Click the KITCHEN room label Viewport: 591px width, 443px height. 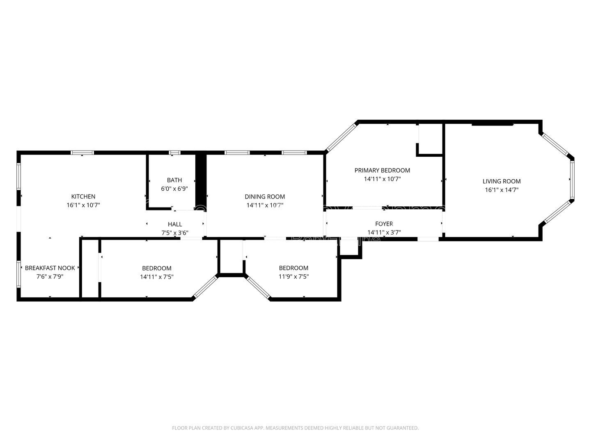pyautogui.click(x=83, y=196)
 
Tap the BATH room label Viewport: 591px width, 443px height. pyautogui.click(x=174, y=180)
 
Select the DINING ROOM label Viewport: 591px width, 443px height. pyautogui.click(x=265, y=196)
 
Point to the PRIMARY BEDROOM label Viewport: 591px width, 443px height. pyautogui.click(x=382, y=170)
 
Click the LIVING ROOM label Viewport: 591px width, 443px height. pyautogui.click(x=502, y=181)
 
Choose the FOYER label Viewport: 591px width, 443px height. pyautogui.click(x=384, y=224)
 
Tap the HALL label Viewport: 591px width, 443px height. pyautogui.click(x=175, y=224)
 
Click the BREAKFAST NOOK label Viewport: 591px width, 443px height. pyautogui.click(x=50, y=268)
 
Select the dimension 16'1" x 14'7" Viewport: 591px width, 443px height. pyautogui.click(x=502, y=190)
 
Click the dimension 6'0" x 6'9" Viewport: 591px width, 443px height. pyautogui.click(x=174, y=189)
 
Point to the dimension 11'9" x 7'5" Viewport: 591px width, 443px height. pyautogui.click(x=294, y=276)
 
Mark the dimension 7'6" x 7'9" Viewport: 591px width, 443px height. pyautogui.click(x=50, y=276)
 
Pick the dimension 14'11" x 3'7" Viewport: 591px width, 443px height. pyautogui.click(x=384, y=233)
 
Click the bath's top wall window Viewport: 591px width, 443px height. pyautogui.click(x=175, y=153)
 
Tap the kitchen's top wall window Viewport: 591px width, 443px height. pyautogui.click(x=82, y=153)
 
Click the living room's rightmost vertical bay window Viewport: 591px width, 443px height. pyautogui.click(x=572, y=180)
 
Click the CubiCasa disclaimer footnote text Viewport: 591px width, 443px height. pyautogui.click(x=295, y=428)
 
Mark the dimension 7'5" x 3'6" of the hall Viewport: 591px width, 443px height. pyautogui.click(x=175, y=233)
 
